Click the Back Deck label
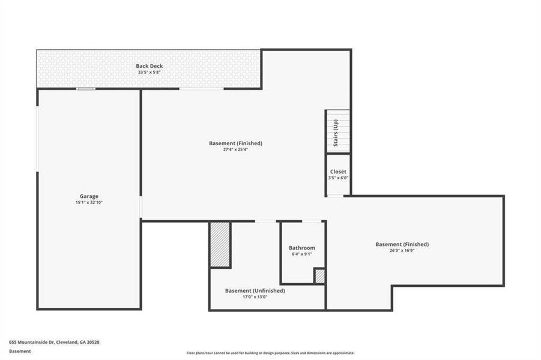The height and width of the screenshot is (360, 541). point(149,66)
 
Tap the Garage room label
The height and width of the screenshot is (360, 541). point(89,196)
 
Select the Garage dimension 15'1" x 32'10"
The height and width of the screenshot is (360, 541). point(89,203)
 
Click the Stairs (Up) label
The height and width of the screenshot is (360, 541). point(336,133)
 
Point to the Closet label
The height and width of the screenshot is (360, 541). point(338,172)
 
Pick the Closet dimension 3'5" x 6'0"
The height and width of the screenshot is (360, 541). point(338,178)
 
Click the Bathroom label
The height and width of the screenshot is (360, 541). point(301,248)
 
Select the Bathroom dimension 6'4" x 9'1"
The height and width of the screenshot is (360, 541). point(301,254)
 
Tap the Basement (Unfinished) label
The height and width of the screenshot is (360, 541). point(255,290)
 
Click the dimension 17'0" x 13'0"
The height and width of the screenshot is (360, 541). point(255,297)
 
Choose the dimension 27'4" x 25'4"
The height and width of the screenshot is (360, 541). point(235,150)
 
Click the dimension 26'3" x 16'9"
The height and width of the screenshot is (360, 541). point(402,251)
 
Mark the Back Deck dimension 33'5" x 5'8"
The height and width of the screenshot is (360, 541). point(149,73)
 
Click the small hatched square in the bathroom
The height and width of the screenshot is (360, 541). point(319,276)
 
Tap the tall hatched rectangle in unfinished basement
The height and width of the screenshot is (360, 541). point(220,244)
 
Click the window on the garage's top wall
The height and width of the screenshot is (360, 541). point(85,89)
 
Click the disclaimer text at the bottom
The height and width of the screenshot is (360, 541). point(270,353)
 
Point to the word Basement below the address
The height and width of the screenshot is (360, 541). point(20,352)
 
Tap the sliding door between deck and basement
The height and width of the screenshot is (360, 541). point(201,89)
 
